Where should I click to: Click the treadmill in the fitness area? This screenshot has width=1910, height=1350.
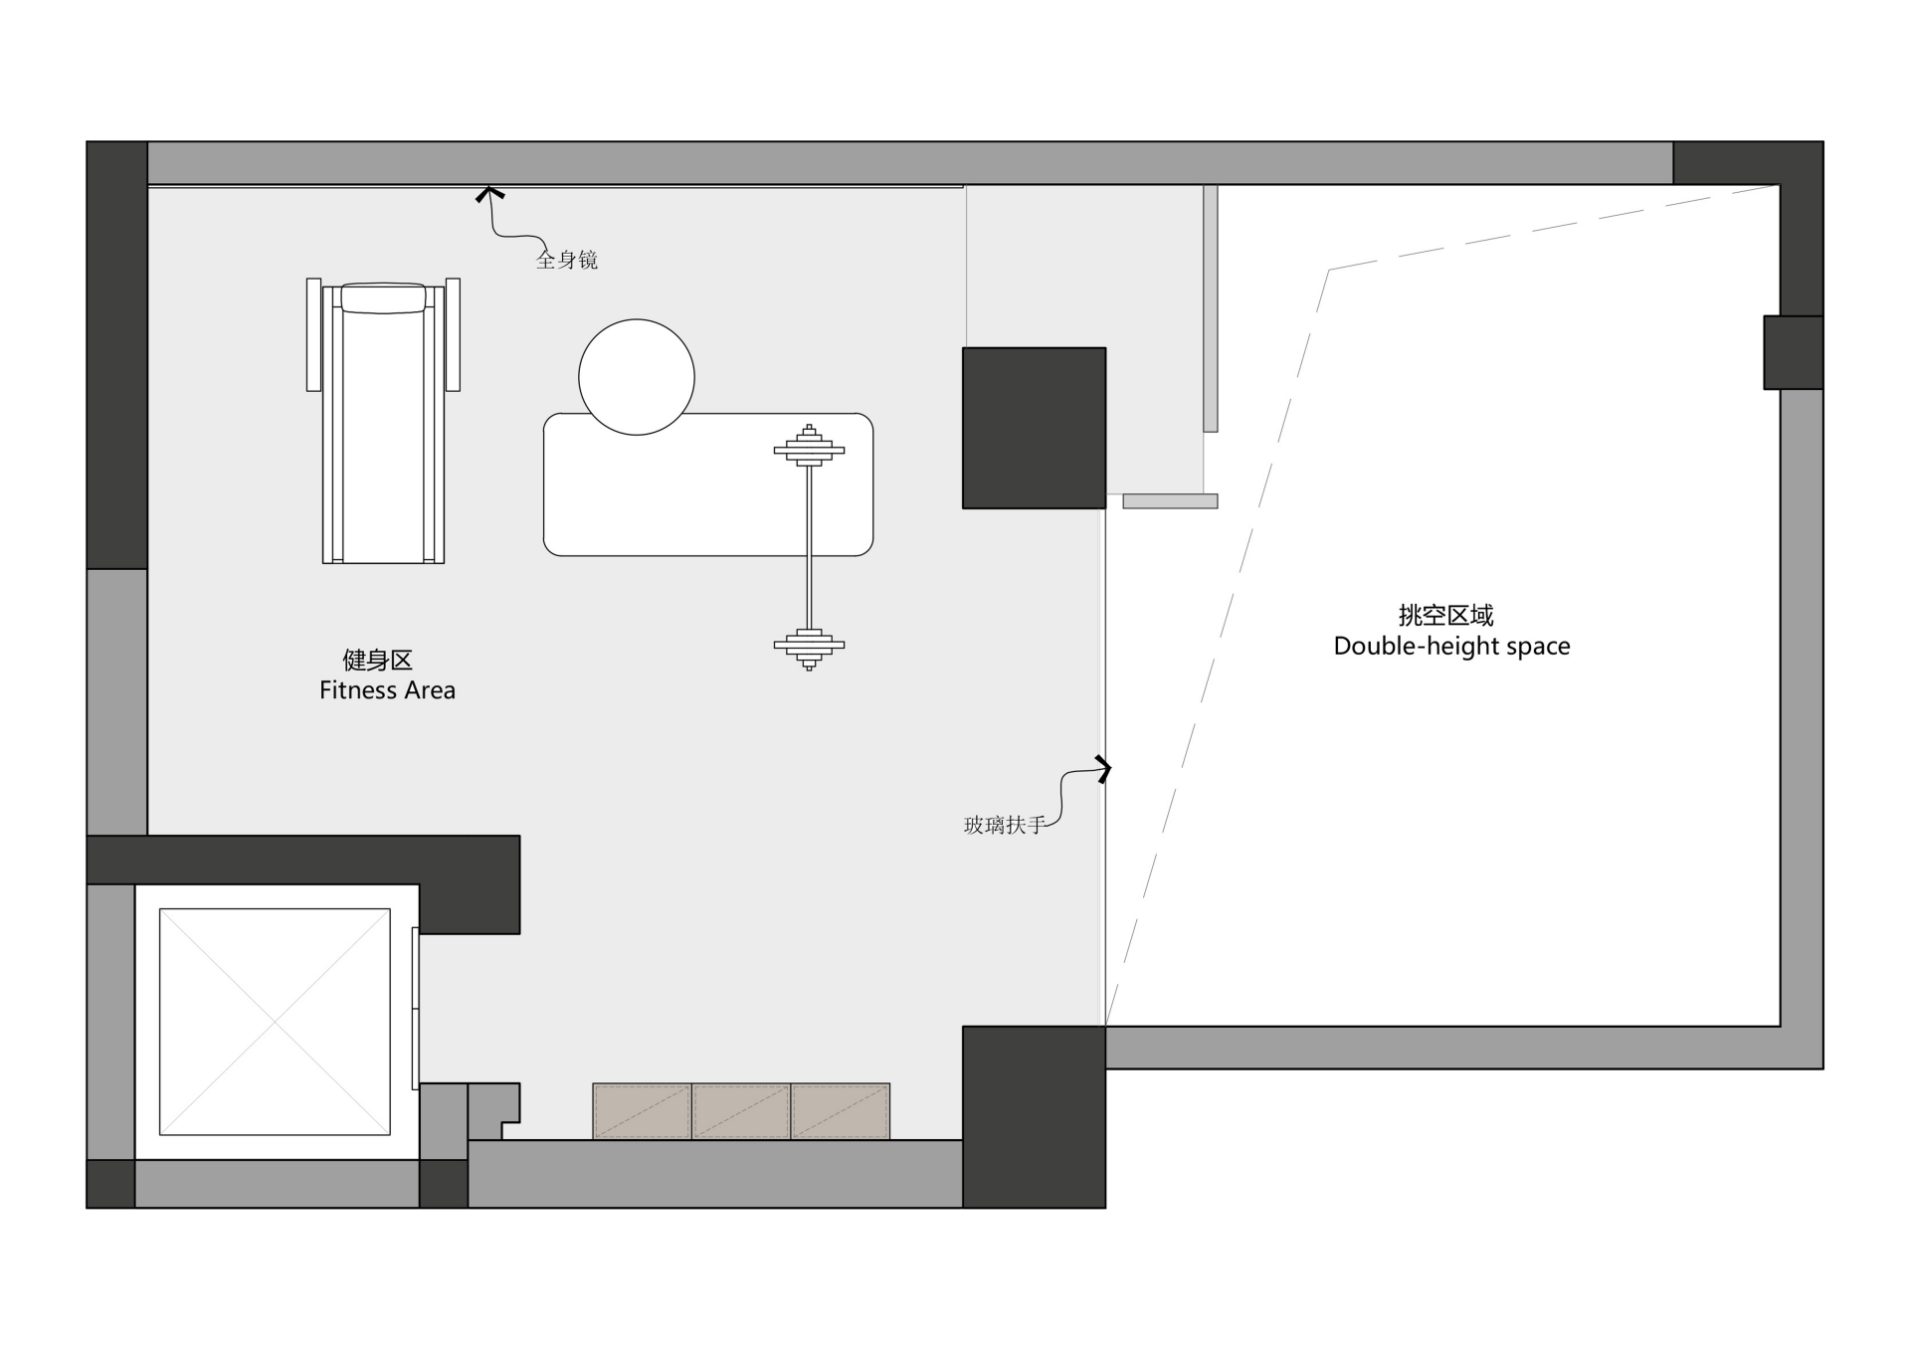pyautogui.click(x=383, y=421)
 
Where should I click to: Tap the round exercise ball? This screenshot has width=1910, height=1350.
pyautogui.click(x=637, y=377)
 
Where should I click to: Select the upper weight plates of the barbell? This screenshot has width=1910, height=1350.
pyautogui.click(x=809, y=446)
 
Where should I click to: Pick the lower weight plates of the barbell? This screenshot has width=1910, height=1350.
pyautogui.click(x=809, y=649)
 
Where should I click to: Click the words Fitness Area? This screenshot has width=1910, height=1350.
pyautogui.click(x=387, y=690)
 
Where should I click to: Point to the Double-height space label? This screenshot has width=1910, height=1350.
pyautogui.click(x=1451, y=647)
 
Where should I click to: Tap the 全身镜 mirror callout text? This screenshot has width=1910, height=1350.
pyautogui.click(x=567, y=260)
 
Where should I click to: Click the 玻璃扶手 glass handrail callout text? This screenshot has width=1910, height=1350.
pyautogui.click(x=1004, y=825)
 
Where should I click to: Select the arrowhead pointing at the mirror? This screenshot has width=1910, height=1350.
pyautogui.click(x=488, y=194)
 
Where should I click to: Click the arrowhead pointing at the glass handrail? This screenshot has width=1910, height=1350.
pyautogui.click(x=1103, y=769)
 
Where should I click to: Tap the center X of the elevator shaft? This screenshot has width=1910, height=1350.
pyautogui.click(x=275, y=1022)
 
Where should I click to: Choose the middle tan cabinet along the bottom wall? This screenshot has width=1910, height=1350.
pyautogui.click(x=741, y=1111)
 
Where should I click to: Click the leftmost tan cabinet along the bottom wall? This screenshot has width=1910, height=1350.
pyautogui.click(x=642, y=1111)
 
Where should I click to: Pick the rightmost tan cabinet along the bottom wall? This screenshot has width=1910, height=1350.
pyautogui.click(x=841, y=1111)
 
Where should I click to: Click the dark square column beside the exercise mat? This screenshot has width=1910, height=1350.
pyautogui.click(x=1034, y=428)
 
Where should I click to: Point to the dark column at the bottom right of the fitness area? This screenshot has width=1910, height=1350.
pyautogui.click(x=1034, y=1117)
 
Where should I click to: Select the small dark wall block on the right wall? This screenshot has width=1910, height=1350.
pyautogui.click(x=1794, y=352)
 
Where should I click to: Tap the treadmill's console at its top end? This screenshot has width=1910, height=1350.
pyautogui.click(x=383, y=298)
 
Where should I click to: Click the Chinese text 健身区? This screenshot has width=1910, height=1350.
pyautogui.click(x=377, y=660)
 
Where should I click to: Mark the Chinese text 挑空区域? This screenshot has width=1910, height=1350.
pyautogui.click(x=1445, y=615)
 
